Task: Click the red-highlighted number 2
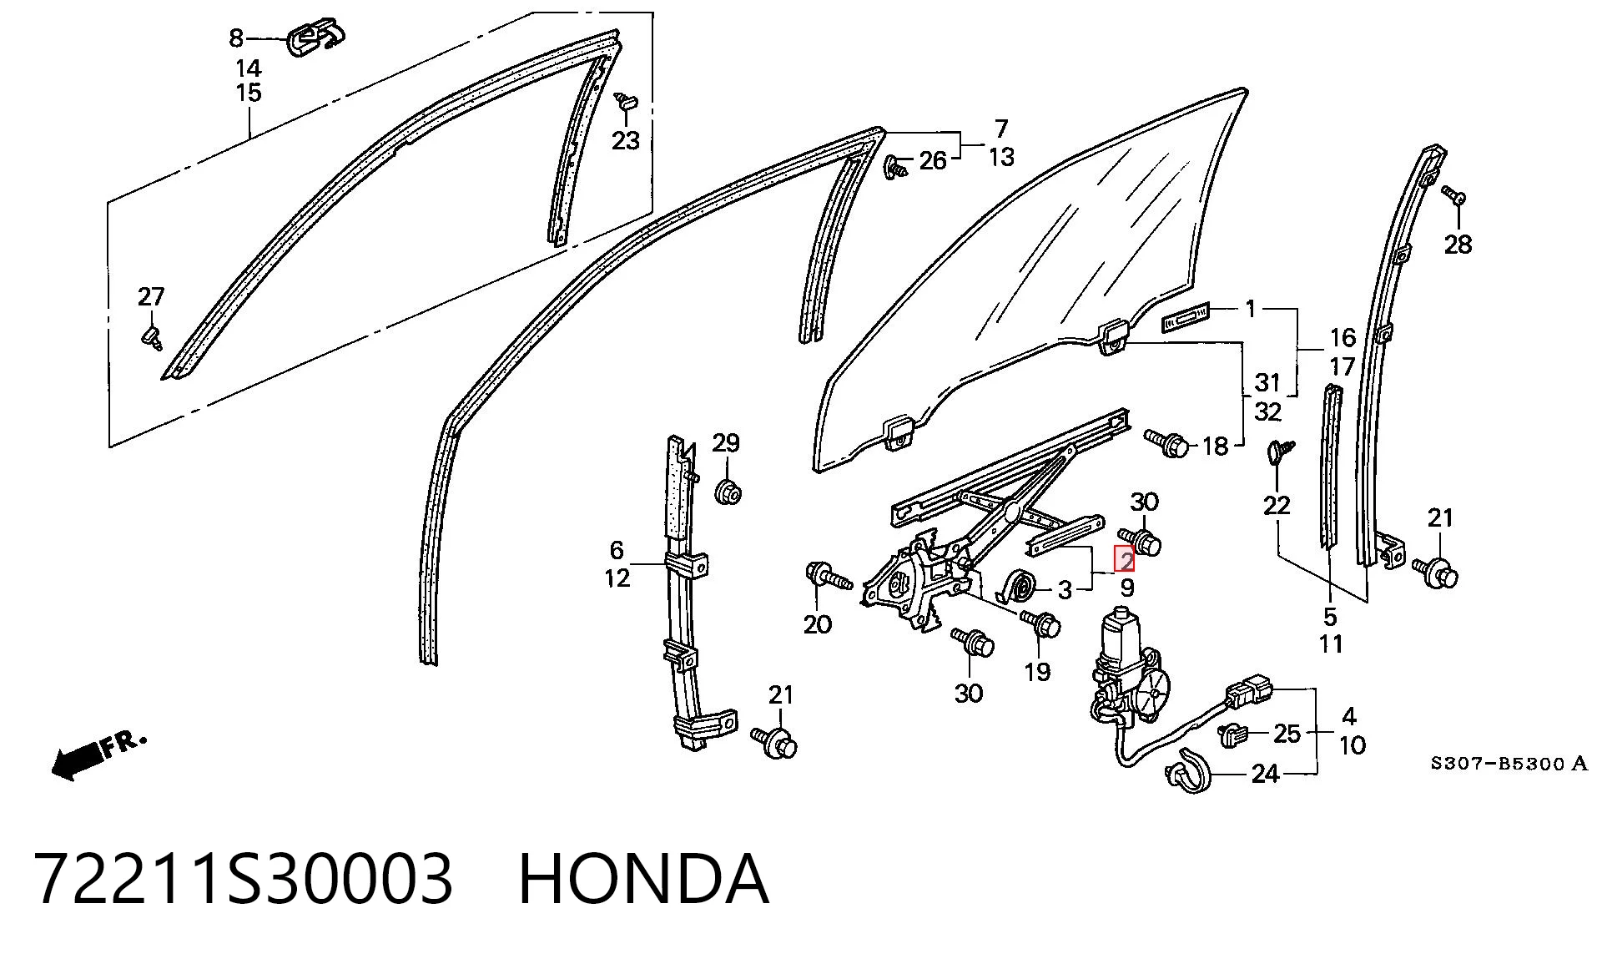coord(1126,558)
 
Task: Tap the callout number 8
coord(236,38)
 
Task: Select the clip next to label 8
coord(315,38)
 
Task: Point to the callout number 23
coord(625,140)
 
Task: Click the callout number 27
coord(151,296)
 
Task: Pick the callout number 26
coord(933,160)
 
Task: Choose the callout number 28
coord(1458,245)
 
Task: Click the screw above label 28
coord(1453,196)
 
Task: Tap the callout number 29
coord(726,442)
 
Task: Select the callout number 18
coord(1215,446)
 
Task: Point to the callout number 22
coord(1277,505)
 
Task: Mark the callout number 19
coord(1037,671)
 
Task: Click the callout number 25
coord(1287,733)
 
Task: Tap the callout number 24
coord(1265,775)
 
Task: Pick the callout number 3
coord(1065,590)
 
